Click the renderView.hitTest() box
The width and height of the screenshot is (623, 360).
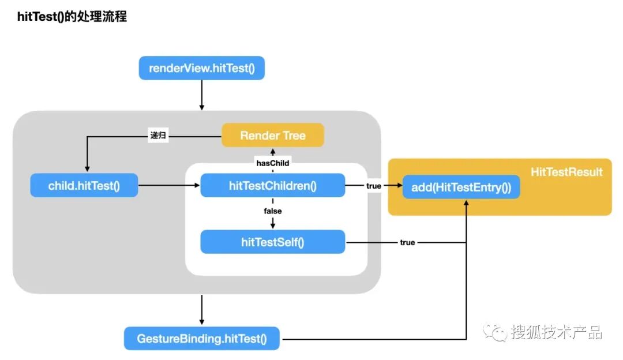(x=201, y=68)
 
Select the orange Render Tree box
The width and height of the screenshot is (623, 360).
(x=272, y=135)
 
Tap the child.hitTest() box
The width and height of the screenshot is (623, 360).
(x=84, y=185)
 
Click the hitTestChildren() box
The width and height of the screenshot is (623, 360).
(x=272, y=185)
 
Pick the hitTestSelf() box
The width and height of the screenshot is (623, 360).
(x=272, y=242)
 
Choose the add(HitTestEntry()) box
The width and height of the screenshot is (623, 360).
(x=461, y=187)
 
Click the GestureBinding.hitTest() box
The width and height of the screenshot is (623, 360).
(x=202, y=339)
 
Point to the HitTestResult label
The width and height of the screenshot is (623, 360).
(x=566, y=172)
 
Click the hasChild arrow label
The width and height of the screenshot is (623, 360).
(x=272, y=163)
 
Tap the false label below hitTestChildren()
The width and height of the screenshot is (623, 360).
(x=272, y=211)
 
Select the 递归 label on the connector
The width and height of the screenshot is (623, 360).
(x=158, y=135)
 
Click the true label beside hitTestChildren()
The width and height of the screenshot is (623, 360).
(x=373, y=186)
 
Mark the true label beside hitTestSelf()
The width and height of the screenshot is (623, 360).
(x=407, y=242)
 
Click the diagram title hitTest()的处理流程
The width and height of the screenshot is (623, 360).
(x=72, y=17)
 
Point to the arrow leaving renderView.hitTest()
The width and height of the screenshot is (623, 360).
(x=202, y=95)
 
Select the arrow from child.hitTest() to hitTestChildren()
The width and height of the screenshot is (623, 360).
(x=169, y=185)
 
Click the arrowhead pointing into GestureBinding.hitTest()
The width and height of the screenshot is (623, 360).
(x=202, y=322)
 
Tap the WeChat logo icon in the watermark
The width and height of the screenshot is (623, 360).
(x=495, y=332)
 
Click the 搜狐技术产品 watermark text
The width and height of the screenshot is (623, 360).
(x=556, y=332)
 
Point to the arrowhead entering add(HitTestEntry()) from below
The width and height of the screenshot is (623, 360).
(x=466, y=202)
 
